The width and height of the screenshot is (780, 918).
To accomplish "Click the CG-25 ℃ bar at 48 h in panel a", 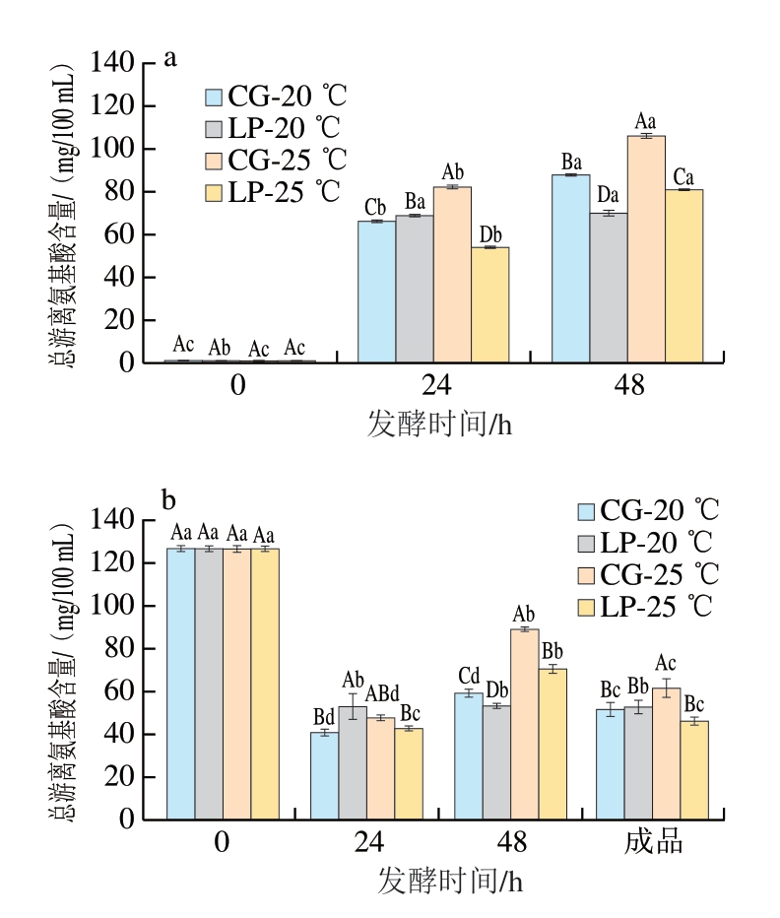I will pyautogui.click(x=646, y=248).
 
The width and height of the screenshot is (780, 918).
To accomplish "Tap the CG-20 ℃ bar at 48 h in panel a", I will pyautogui.click(x=570, y=268).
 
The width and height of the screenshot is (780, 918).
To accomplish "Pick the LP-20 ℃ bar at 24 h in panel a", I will pyautogui.click(x=415, y=289).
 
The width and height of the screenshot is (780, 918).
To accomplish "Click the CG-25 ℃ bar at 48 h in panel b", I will pyautogui.click(x=525, y=724).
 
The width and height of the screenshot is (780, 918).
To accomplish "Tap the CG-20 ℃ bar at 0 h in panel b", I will pyautogui.click(x=180, y=684).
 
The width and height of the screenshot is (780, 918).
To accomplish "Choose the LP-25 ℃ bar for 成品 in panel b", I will pyautogui.click(x=694, y=769).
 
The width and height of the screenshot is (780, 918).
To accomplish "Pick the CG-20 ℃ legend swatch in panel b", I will pyautogui.click(x=587, y=511).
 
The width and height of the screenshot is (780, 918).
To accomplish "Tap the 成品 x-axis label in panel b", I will pyautogui.click(x=654, y=844).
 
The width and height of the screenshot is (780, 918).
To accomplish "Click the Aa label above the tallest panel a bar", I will pyautogui.click(x=645, y=121).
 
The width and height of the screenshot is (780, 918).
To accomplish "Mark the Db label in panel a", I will pyautogui.click(x=490, y=234).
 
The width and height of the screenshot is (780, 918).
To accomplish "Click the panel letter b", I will pyautogui.click(x=167, y=501).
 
